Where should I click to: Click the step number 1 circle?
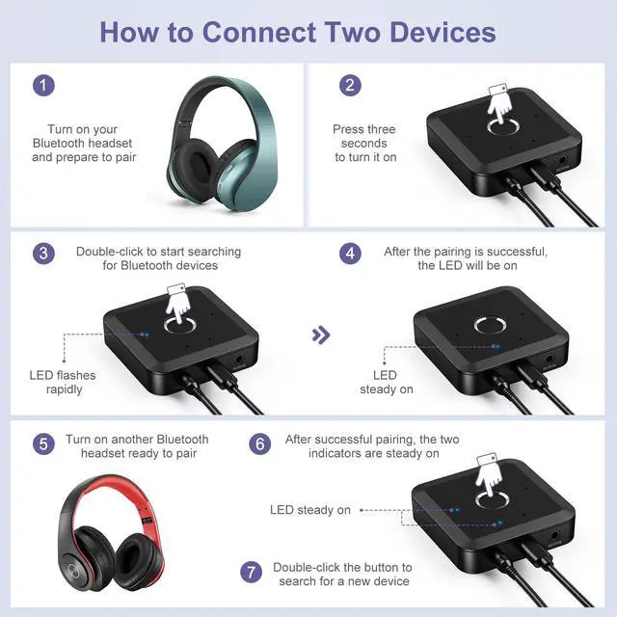[x=42, y=84]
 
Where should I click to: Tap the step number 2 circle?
[x=350, y=84]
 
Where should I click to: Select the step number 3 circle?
[x=42, y=254]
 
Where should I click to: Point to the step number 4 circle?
[x=350, y=254]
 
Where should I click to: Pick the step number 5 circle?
[x=42, y=444]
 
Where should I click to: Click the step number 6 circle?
[x=259, y=444]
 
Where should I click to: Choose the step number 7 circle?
[x=251, y=574]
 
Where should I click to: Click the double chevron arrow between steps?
[x=322, y=335]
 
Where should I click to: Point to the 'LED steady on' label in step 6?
[x=309, y=510]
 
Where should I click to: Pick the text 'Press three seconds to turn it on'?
[x=364, y=143]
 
